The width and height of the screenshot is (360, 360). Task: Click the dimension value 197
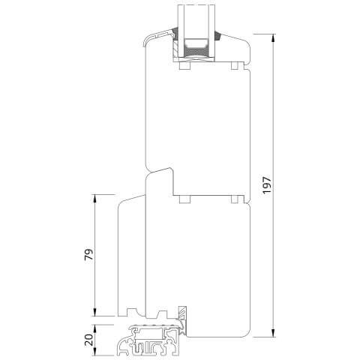(267, 185)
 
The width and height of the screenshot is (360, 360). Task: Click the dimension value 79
(88, 254)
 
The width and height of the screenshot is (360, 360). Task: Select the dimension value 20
(88, 340)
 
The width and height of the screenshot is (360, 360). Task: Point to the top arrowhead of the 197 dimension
(273, 38)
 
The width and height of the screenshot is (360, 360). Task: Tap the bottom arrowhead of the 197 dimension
(273, 332)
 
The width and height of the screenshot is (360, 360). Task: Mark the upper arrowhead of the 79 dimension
(94, 199)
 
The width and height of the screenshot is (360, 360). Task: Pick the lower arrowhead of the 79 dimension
(94, 312)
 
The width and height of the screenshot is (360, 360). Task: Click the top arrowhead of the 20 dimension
(94, 329)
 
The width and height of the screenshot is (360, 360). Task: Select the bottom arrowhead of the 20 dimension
(94, 351)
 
